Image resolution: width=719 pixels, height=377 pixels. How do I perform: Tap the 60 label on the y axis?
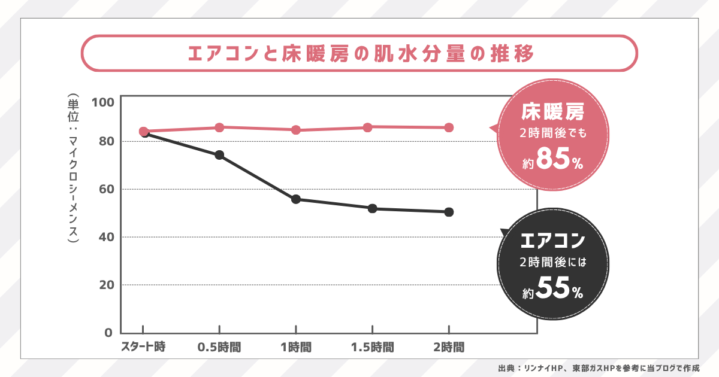(x=105, y=189)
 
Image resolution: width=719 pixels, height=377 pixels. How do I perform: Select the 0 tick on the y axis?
(x=108, y=333)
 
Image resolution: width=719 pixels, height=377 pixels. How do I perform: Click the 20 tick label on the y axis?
(x=105, y=285)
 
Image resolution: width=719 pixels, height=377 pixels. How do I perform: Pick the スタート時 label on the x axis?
(x=143, y=346)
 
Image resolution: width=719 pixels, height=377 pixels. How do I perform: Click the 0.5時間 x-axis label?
(x=219, y=346)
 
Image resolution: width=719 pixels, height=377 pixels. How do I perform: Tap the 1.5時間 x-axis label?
(x=372, y=346)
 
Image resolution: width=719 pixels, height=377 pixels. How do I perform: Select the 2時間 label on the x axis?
(x=449, y=346)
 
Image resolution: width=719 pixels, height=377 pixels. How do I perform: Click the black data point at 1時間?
(x=296, y=199)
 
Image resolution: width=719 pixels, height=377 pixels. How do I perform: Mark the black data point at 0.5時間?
(x=219, y=155)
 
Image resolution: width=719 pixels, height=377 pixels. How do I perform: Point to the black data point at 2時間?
(x=449, y=212)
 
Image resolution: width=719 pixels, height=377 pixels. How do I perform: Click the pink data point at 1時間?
(x=296, y=130)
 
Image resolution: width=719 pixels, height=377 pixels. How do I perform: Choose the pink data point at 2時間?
(x=449, y=127)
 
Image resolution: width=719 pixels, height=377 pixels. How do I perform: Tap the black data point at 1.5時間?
(x=372, y=208)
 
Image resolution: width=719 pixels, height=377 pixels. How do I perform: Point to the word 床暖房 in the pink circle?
(x=552, y=111)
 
